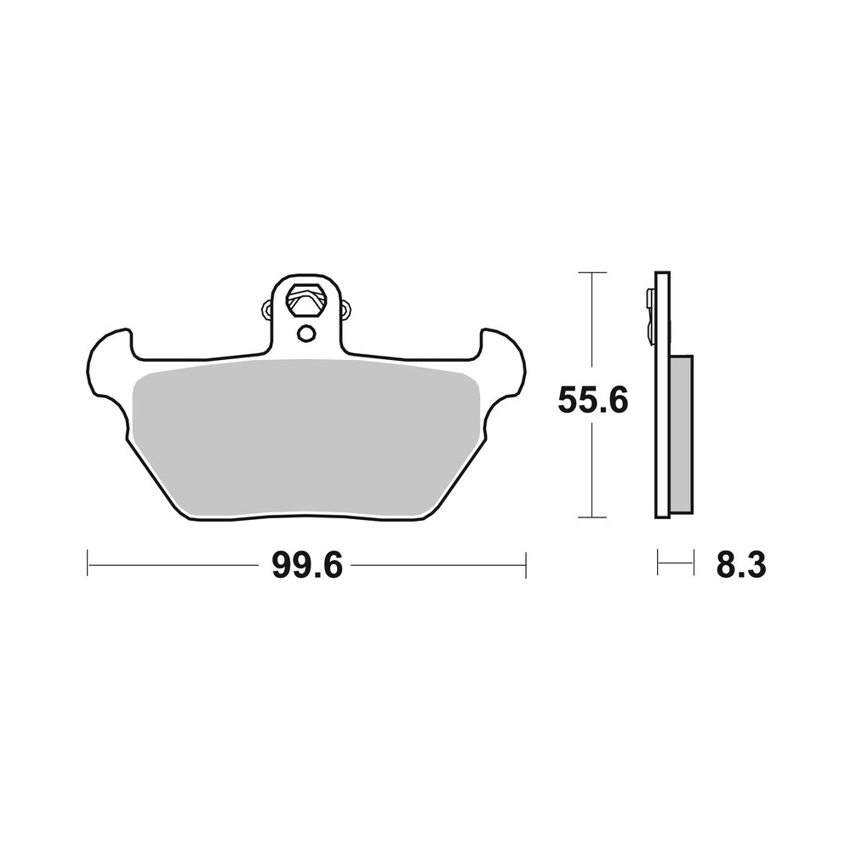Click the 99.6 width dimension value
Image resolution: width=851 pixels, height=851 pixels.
click(x=306, y=565)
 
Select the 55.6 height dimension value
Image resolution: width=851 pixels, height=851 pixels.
click(x=592, y=399)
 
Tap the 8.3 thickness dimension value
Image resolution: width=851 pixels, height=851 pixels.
click(x=741, y=565)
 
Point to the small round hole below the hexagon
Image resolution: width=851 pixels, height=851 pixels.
click(x=306, y=333)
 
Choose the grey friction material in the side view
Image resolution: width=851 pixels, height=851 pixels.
click(x=682, y=433)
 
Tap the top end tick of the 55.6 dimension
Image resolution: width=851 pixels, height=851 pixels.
click(x=592, y=272)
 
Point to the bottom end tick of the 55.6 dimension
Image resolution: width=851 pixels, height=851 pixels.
click(x=592, y=517)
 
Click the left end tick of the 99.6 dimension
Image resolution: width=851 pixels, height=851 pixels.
click(x=88, y=564)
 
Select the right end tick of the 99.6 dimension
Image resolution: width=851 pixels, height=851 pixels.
click(x=526, y=564)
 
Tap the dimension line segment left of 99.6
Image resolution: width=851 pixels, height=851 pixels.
click(x=174, y=564)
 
